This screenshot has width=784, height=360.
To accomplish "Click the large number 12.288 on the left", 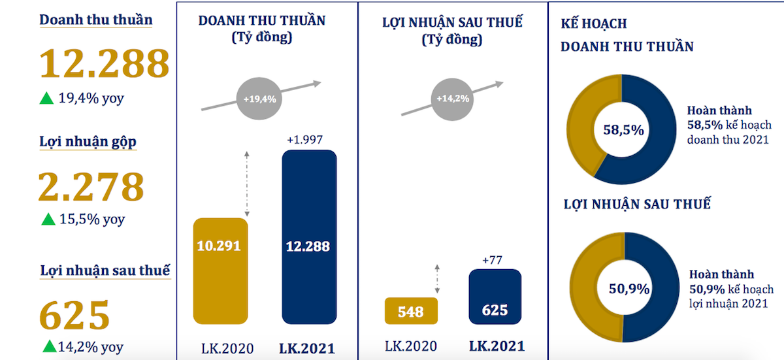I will coord(105,63).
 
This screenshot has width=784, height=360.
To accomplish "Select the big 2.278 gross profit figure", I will coord(91,186).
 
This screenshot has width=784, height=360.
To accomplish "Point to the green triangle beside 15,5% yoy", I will coord(47,220).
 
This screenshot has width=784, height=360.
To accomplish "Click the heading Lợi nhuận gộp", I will coord(88,142).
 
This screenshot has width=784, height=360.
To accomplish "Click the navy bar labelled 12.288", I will coord(308,237).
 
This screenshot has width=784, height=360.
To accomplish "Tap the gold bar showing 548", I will coord(410,311).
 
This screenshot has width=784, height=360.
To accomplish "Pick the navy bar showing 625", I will coord(495,297).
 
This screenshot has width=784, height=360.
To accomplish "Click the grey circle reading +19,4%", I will coord(259,100).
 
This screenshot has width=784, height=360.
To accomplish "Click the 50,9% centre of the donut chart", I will coord(624,288).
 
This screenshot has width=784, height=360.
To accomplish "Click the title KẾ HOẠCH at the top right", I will coord(594,24).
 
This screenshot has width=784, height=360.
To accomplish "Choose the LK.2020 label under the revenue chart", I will coord(222,348).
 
